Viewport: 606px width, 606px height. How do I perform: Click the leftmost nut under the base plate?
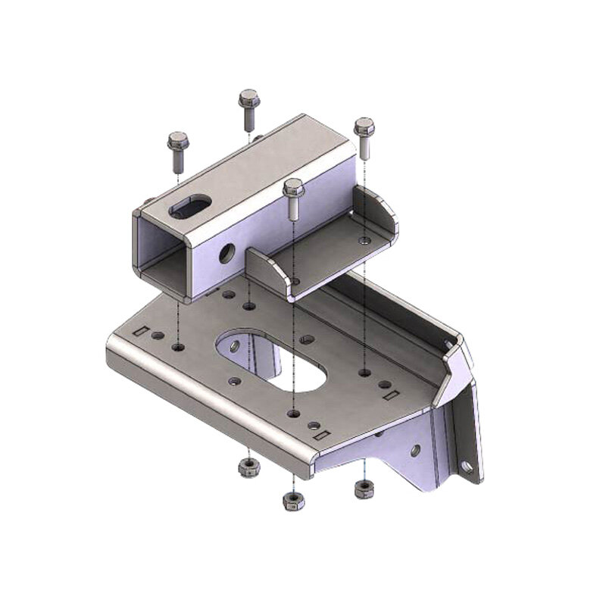pos(245,467)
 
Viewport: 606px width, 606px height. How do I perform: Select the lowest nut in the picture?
pos(292,499)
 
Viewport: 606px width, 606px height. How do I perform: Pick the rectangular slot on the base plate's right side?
pos(390,395)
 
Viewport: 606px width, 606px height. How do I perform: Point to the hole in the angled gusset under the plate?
pos(415,450)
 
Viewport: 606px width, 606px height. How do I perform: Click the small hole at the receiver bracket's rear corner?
pos(366,240)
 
